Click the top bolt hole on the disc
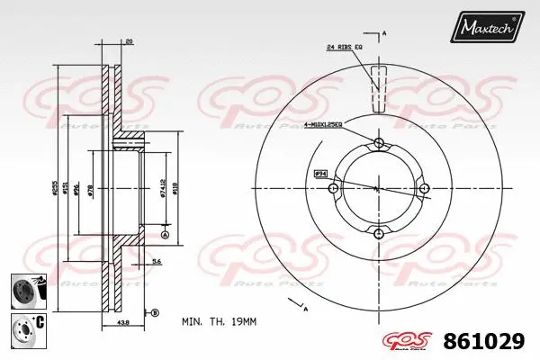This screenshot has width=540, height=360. point(378,144)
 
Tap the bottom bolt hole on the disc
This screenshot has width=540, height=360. point(378,234)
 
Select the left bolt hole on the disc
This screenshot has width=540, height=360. point(334,189)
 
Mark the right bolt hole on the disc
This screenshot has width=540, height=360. point(423,189)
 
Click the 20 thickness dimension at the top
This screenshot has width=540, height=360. point(130,41)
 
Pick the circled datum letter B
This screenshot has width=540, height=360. point(154,312)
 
